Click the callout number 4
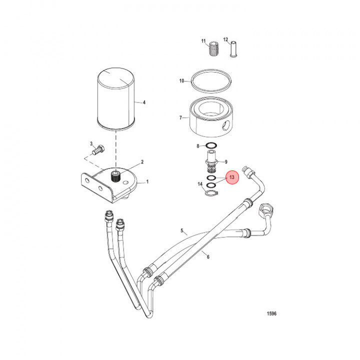tap(144, 103)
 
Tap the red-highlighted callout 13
tap(232, 177)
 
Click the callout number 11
tap(203, 40)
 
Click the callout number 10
tap(182, 80)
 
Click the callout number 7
tap(181, 118)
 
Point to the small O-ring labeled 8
tap(211, 146)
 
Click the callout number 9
tap(226, 161)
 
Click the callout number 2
tap(142, 162)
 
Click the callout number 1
tap(147, 182)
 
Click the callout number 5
tap(182, 231)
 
